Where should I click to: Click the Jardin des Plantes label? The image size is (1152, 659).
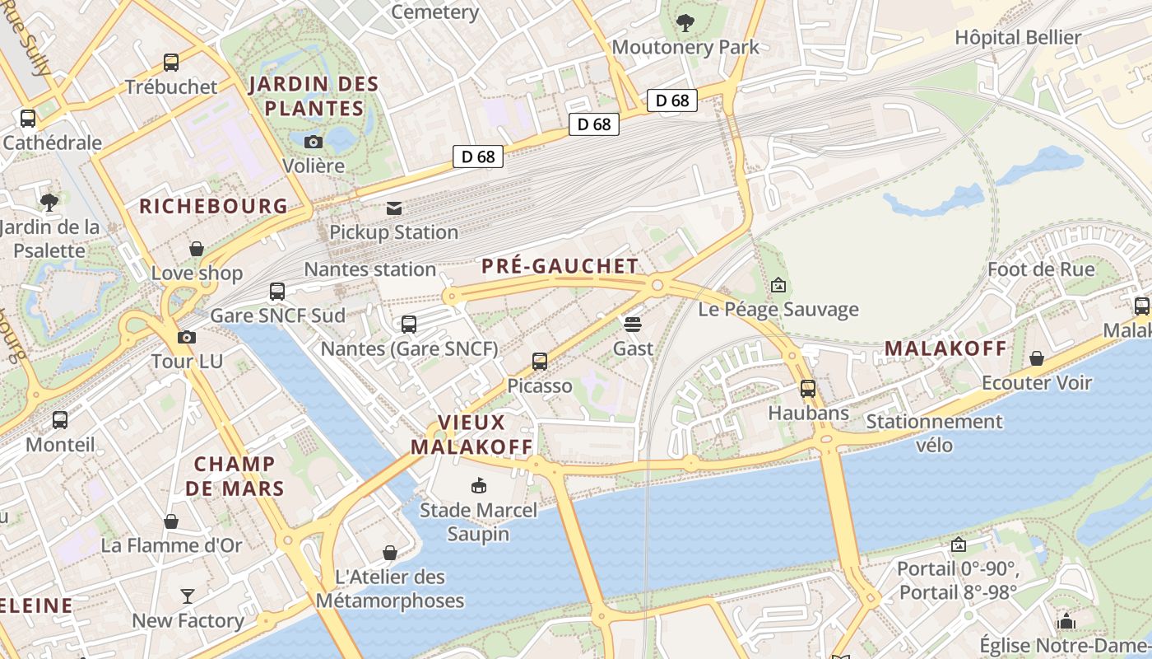point(314,96)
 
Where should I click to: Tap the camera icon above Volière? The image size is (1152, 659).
point(314,142)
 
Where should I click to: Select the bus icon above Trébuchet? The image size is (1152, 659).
point(171,63)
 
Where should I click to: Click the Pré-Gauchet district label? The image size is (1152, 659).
point(560,266)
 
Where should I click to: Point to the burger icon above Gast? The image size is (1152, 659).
point(633,325)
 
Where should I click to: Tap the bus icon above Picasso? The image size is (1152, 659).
point(540,362)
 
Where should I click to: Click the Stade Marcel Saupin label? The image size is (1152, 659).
point(478,521)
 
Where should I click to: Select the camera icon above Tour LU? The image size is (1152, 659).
point(187,337)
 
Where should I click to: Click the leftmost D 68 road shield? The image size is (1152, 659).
point(477,157)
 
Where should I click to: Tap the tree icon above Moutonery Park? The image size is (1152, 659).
point(685,23)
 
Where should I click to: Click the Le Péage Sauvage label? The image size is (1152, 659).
point(778,310)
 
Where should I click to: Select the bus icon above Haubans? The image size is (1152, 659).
point(808,389)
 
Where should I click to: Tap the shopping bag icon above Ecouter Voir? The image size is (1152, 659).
point(1037,359)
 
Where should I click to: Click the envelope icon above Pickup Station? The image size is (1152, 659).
point(394,208)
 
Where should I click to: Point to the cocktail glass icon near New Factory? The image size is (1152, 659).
point(188,596)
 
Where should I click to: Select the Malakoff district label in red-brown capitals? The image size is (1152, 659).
point(945,348)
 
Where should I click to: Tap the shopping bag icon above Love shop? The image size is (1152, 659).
point(197,249)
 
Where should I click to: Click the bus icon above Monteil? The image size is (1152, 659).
point(60,421)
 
